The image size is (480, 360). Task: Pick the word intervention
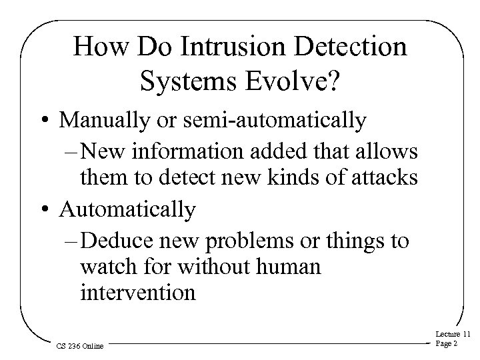click(x=137, y=293)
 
